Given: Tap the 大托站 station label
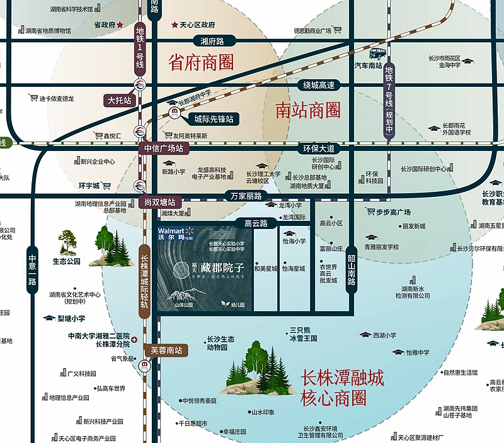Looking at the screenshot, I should point(119,100).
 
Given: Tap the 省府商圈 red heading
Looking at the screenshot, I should point(201,62).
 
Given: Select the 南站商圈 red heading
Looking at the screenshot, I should point(308,111).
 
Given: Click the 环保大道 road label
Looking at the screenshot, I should point(319,149).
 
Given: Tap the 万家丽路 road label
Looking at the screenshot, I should point(245,196).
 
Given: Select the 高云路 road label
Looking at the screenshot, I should point(256,223).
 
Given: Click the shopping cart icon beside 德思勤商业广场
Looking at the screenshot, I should point(337,30).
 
